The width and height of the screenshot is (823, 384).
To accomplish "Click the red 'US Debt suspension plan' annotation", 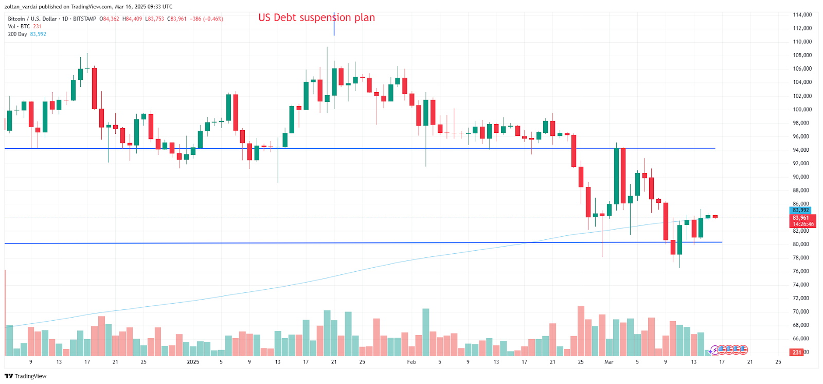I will point(316,18).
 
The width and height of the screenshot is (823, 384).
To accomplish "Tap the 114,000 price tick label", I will point(802,14).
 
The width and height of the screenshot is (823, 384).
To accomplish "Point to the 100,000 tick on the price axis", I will point(802,109).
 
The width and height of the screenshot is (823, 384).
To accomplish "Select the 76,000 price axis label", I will point(802,271).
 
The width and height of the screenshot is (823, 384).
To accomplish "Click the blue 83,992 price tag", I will point(800,210).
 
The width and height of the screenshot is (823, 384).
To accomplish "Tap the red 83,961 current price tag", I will point(800,218).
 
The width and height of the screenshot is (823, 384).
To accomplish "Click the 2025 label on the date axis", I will point(193,362).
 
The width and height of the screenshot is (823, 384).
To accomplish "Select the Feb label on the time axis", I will point(411,362).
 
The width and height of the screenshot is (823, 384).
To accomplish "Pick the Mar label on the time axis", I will point(609,362).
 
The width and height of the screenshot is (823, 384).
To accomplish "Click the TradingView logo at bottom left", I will point(25,376).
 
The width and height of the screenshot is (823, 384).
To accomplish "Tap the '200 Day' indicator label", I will point(17,34).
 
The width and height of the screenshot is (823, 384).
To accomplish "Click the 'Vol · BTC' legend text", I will point(19,26).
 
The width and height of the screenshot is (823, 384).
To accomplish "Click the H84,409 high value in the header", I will point(132,19).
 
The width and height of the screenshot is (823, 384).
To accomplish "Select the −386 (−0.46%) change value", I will point(206,19).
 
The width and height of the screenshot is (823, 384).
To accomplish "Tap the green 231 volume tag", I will point(797,352).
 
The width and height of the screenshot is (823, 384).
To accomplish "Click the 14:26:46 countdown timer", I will point(803,224).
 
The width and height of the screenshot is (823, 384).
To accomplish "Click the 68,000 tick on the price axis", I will point(802,325).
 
